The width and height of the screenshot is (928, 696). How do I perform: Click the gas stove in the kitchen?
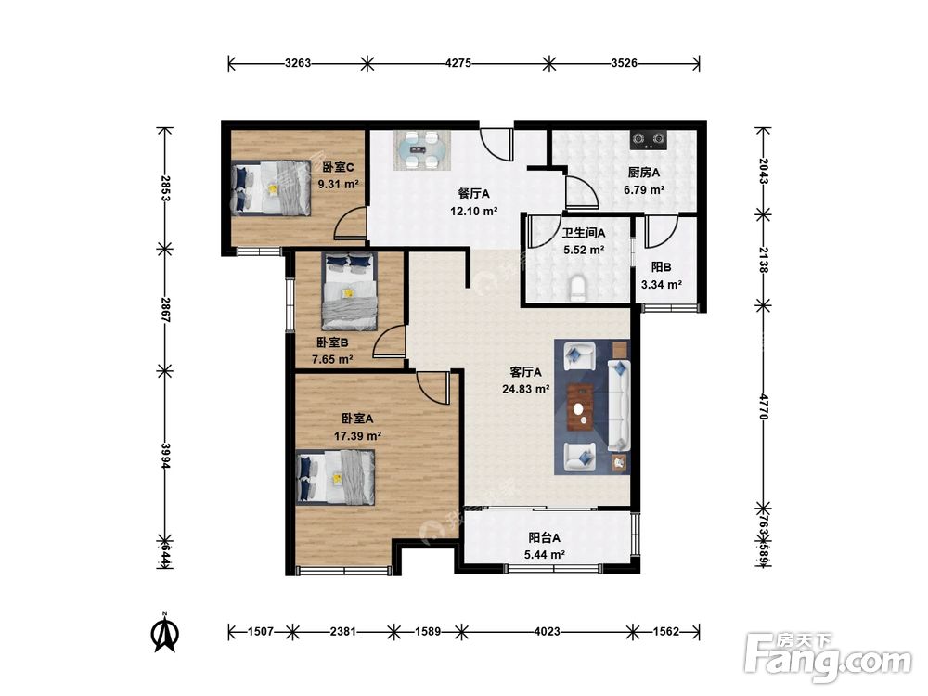[x=648, y=139]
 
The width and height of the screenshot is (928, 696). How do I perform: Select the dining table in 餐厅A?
[x=422, y=150]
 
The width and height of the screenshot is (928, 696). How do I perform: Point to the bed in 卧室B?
[x=350, y=290]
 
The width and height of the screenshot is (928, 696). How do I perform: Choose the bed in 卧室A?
[x=336, y=476]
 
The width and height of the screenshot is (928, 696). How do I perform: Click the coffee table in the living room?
[x=581, y=406]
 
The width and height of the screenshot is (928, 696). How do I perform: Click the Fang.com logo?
[x=828, y=656]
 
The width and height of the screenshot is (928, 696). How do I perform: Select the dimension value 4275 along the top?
[x=458, y=63]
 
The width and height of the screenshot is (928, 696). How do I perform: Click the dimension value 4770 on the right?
[x=764, y=406]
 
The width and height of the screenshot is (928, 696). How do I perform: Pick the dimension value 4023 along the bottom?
[x=547, y=631]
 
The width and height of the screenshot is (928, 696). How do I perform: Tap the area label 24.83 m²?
[x=525, y=390]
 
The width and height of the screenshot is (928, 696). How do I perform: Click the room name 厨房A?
[x=643, y=173]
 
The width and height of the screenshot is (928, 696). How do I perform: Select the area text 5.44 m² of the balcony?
[x=544, y=555]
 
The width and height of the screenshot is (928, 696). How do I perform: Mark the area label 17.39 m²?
[x=357, y=436]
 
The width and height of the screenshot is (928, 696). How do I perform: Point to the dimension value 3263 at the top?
[x=297, y=63]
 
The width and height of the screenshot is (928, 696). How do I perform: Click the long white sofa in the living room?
[x=619, y=406]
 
